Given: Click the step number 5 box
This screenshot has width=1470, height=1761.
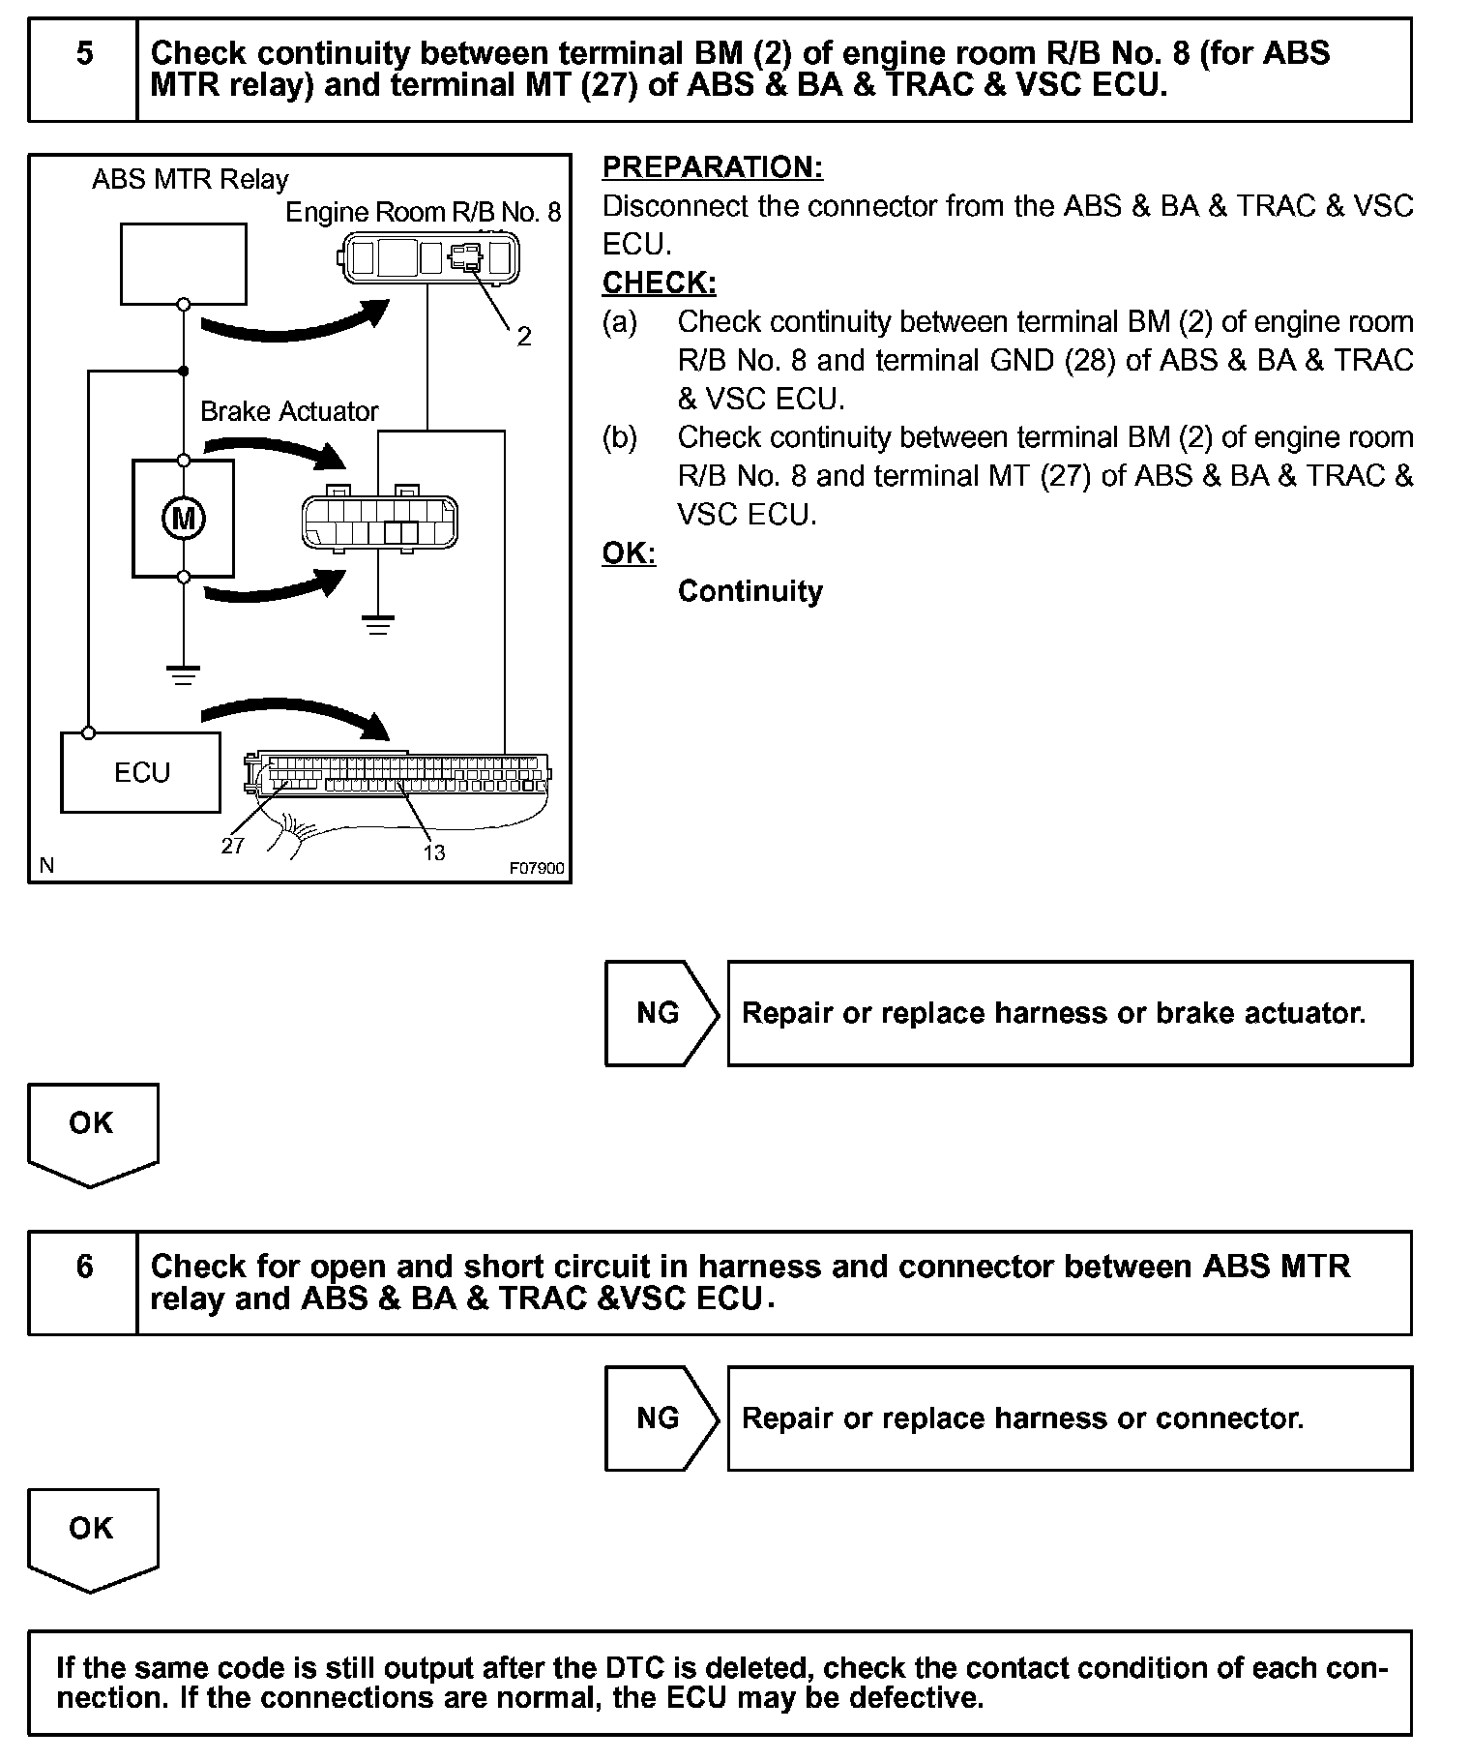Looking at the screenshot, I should click(84, 70).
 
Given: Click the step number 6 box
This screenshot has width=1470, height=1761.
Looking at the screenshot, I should click(84, 1283).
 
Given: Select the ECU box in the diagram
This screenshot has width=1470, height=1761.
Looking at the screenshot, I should click(141, 772).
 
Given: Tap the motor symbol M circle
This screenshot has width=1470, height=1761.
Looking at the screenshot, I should click(183, 520).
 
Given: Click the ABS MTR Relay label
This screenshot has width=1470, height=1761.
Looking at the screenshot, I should click(190, 179).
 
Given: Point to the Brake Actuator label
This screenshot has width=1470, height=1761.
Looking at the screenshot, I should click(289, 411).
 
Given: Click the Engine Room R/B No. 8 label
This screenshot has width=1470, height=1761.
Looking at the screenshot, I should click(423, 212).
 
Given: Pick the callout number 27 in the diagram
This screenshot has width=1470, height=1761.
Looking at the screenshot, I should click(233, 846).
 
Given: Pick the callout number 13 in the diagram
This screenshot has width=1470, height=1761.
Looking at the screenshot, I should click(434, 851).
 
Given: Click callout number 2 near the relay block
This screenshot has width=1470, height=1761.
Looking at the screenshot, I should click(524, 336).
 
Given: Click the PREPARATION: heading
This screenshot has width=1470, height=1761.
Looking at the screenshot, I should click(713, 167).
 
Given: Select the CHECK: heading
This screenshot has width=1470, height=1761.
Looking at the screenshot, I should click(660, 283).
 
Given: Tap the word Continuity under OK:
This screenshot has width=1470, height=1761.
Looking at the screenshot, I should click(750, 591).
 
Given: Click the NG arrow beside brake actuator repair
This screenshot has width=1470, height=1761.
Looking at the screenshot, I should click(661, 1013).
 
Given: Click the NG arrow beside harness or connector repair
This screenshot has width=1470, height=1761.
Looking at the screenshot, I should click(661, 1418).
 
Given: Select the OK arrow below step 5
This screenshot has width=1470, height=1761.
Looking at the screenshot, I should click(92, 1132).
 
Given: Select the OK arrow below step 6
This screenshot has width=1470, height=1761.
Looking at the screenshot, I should click(92, 1537).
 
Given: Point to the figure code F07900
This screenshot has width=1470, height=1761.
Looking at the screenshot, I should click(537, 868).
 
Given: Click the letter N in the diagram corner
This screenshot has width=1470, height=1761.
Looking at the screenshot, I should click(47, 866).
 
